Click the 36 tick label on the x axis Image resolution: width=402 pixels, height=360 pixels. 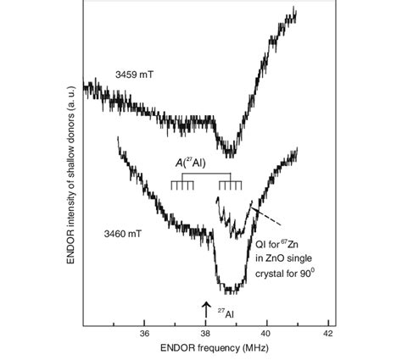click(x=144, y=333)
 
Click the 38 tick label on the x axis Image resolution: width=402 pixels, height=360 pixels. click(x=206, y=333)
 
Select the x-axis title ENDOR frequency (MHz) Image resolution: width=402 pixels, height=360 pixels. click(x=206, y=348)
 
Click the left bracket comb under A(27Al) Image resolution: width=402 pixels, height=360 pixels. click(x=181, y=185)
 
